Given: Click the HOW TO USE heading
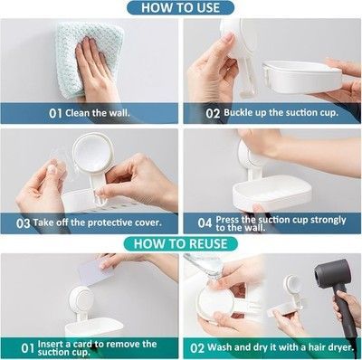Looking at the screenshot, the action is click(180, 7).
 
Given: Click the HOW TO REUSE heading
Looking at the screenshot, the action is click(180, 243).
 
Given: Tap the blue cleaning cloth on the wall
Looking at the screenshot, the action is click(90, 59).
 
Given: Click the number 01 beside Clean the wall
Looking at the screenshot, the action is click(55, 114).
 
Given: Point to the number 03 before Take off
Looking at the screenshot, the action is click(23, 223).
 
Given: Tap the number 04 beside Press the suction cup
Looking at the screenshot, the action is click(205, 223).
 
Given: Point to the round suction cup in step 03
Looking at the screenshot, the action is click(93, 154).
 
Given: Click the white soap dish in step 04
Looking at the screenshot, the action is click(271, 193).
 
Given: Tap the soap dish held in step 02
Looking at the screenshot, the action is click(301, 76).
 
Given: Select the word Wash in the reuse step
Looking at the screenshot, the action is click(220, 347).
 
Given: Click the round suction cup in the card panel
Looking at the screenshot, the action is click(81, 300).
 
